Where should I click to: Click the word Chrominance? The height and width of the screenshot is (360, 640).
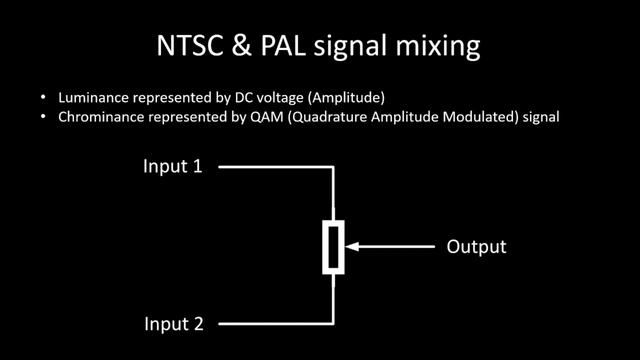pos(98,117)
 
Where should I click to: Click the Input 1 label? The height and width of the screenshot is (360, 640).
pos(172,166)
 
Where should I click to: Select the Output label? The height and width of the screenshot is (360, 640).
pos(476,246)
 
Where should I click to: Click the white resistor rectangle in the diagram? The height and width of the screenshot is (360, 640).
pos(332,246)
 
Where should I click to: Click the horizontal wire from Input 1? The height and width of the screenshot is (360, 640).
pos(270,167)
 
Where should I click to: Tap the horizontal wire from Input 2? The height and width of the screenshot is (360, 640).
pos(270,324)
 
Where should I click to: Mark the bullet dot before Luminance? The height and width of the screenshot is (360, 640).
pos(43,98)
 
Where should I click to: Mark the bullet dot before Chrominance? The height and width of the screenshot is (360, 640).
pos(43,117)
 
